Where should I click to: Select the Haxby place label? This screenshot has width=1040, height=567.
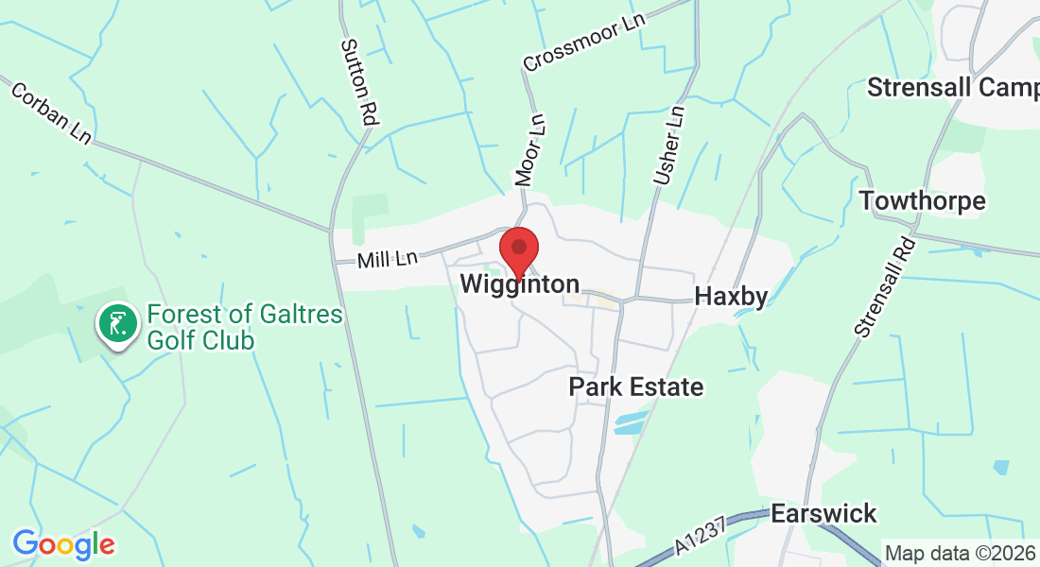[730, 296]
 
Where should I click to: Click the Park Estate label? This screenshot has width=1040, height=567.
[636, 387]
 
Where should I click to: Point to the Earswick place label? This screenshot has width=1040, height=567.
[824, 514]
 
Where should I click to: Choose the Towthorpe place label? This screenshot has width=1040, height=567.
[922, 200]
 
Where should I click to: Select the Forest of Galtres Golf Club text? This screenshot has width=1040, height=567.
[244, 327]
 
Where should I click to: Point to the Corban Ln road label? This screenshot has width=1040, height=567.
[51, 112]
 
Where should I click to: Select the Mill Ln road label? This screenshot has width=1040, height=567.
[388, 257]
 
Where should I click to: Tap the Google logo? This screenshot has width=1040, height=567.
[63, 544]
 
